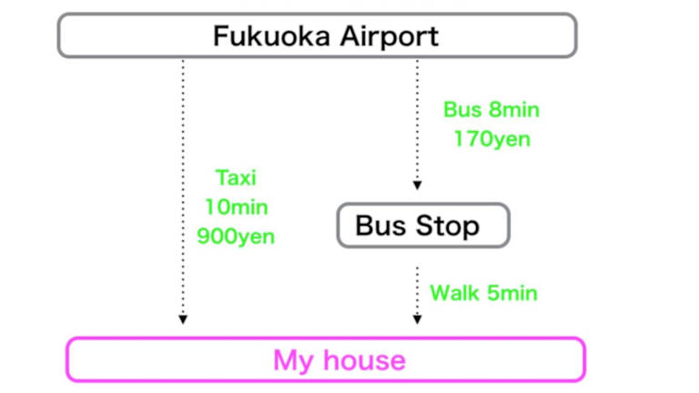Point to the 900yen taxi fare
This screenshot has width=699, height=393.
click(x=235, y=237)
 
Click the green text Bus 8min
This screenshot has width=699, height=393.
click(x=491, y=110)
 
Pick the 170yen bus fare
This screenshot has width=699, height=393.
click(x=491, y=139)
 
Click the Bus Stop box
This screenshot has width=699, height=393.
click(x=423, y=226)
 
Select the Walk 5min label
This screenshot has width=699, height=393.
click(x=483, y=293)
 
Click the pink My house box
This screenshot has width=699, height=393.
click(x=327, y=359)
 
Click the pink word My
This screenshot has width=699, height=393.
click(x=292, y=360)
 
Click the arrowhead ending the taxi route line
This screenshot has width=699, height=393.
click(x=183, y=319)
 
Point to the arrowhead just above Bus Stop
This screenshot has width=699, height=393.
click(x=418, y=186)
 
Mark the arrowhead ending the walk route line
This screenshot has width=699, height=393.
click(x=418, y=319)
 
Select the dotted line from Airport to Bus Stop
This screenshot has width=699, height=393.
click(x=418, y=118)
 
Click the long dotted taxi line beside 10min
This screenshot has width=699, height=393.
click(x=183, y=207)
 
